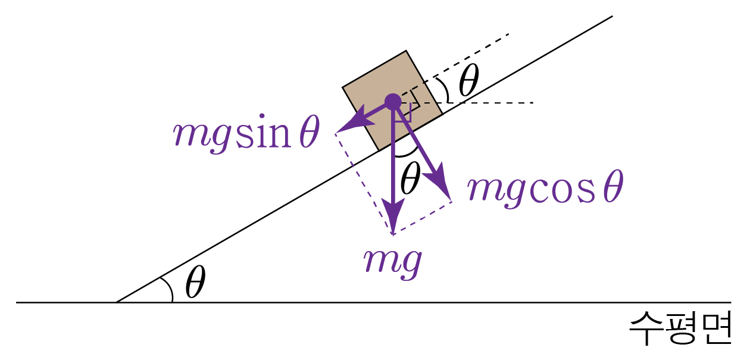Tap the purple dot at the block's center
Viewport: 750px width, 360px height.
coord(392,102)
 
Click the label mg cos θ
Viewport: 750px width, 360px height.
coord(545,189)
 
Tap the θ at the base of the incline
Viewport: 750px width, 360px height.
coord(195,283)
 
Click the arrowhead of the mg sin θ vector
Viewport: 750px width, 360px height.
coord(344,127)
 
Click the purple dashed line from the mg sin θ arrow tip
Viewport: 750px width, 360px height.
coord(363,181)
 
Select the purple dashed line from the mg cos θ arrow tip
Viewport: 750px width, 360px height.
coord(423,217)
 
